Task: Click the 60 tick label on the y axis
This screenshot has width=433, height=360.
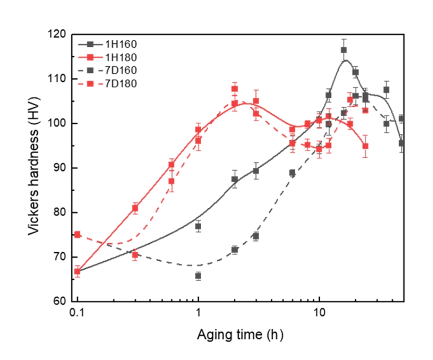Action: coord(61,302)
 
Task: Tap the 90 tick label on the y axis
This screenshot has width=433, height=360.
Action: coord(61,168)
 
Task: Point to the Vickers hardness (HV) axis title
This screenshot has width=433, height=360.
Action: coord(36,168)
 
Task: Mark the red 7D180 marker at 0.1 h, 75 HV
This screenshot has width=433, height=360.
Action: coord(78,234)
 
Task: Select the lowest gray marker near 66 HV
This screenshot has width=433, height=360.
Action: coord(198,276)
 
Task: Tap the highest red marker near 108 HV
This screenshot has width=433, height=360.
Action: coord(234,89)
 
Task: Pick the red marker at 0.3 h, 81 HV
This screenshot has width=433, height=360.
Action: coord(135,208)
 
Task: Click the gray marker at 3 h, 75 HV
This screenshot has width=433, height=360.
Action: coord(256,236)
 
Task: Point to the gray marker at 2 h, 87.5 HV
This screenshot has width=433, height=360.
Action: coord(234,179)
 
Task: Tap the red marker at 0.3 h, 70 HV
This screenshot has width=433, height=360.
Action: coord(135,255)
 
